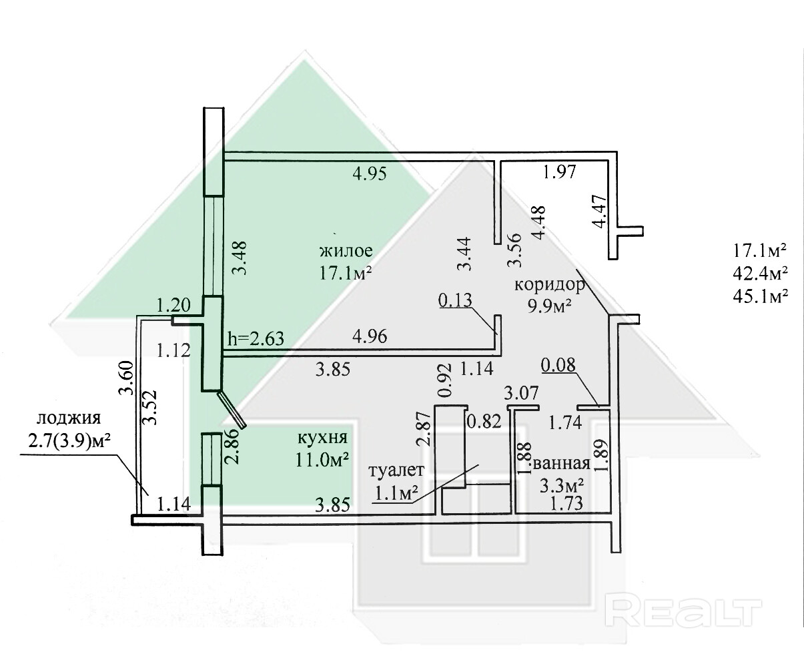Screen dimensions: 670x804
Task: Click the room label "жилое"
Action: click(345, 252)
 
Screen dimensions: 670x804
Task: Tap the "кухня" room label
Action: click(324, 438)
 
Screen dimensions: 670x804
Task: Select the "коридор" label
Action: click(549, 286)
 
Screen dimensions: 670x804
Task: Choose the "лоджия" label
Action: click(68, 419)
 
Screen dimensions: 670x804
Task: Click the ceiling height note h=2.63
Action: click(256, 339)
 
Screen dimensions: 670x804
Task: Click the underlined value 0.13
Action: click(455, 301)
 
